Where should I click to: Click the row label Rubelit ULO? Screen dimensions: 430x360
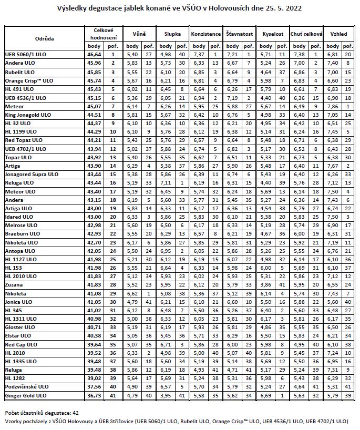point(20,72)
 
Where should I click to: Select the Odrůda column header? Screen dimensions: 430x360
point(44,38)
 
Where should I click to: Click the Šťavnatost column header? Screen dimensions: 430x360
point(239,34)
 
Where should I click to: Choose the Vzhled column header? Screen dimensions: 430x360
point(338,34)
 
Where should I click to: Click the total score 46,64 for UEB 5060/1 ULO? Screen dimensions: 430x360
point(94,54)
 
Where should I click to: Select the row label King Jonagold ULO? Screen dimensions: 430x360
point(28,114)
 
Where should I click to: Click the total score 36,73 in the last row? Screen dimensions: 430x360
point(94,395)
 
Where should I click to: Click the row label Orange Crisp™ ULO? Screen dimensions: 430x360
point(29,80)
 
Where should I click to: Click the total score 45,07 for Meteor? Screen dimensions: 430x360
point(94,106)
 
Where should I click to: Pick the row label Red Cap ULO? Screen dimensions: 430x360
point(20,344)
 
